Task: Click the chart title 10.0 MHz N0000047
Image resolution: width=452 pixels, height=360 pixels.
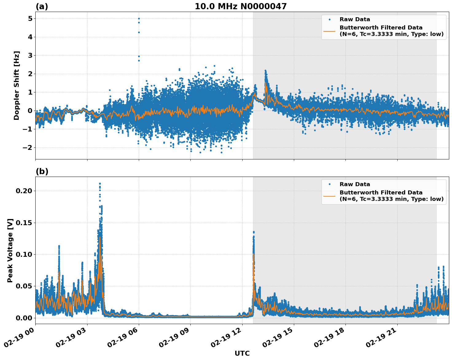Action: [x=240, y=6]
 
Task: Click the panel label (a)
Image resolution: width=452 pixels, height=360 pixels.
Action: [x=42, y=6]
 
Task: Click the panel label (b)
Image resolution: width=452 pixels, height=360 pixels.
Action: [x=42, y=171]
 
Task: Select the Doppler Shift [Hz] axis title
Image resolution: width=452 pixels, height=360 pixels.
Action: [x=17, y=85]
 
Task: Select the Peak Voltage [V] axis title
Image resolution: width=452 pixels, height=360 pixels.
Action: [x=10, y=250]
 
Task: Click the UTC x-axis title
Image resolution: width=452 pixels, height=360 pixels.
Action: [x=242, y=353]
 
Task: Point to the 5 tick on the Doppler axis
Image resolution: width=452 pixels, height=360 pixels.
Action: [x=30, y=19]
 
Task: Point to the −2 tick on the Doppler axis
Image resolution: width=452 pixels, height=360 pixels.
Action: [x=28, y=148]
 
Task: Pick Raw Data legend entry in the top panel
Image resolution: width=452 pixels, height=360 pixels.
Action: [x=355, y=19]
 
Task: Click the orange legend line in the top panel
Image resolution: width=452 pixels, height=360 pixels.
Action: [x=329, y=31]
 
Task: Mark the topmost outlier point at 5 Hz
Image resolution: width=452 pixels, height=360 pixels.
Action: [x=139, y=18]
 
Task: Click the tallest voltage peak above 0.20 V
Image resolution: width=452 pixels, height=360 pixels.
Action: [x=100, y=184]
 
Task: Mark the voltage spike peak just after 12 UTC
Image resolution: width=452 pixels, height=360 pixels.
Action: [x=254, y=232]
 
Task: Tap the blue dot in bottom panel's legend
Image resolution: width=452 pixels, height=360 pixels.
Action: [x=329, y=184]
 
